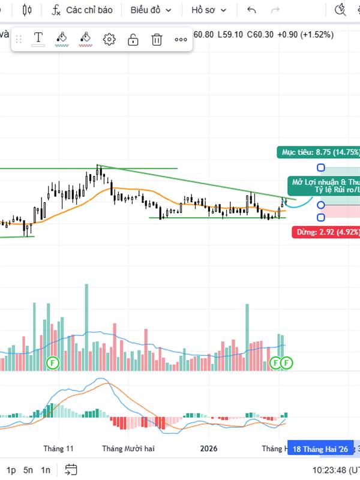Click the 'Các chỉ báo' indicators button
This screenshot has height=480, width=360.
coord(83,10)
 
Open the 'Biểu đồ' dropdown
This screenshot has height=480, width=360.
coord(151,10)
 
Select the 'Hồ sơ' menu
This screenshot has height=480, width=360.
coord(209,10)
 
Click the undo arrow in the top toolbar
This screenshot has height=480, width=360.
coord(251,10)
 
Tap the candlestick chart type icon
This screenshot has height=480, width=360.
coord(26,10)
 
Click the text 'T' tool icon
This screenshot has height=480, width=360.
coord(38,39)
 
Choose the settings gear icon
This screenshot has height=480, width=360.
coord(109,40)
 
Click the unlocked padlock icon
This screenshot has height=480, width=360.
coord(133,40)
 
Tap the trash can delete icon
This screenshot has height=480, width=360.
coord(157,40)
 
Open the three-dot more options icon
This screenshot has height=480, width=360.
coord(181,40)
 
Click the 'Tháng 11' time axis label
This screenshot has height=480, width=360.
coord(58,449)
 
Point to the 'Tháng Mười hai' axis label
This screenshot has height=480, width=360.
coord(128,449)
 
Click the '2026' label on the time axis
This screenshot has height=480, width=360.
coord(209,449)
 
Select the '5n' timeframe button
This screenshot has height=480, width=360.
coord(28,470)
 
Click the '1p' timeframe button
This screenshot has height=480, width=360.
coord(11,470)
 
